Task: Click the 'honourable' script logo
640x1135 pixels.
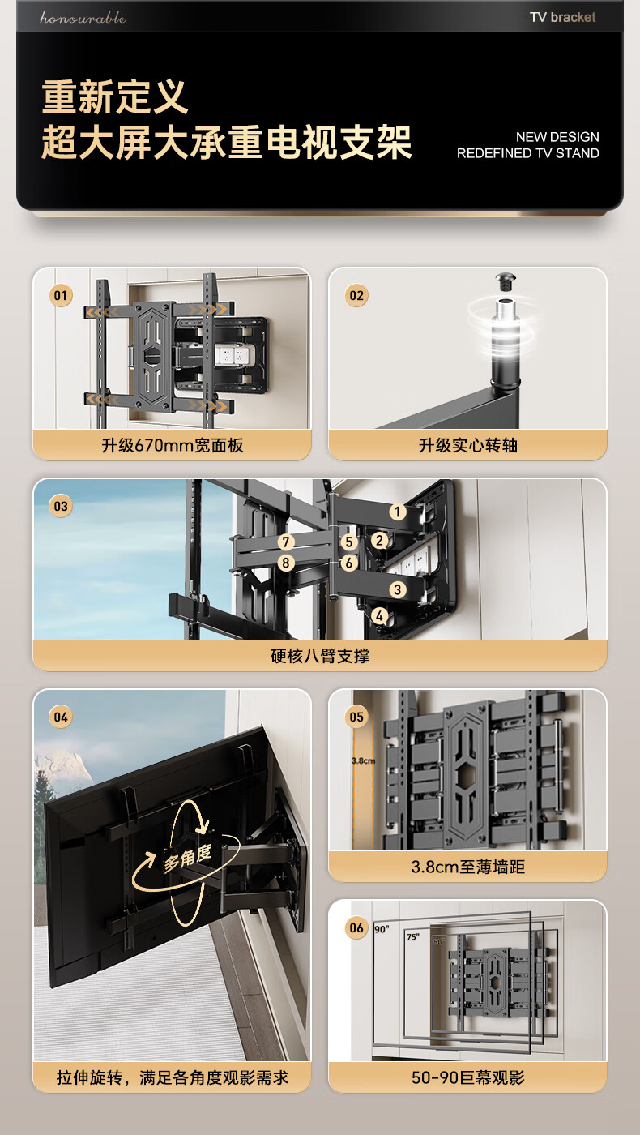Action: [x=83, y=18]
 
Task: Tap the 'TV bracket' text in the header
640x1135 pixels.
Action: [x=562, y=17]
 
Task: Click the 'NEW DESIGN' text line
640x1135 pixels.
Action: [x=557, y=137]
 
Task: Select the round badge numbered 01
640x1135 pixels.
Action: [x=60, y=295]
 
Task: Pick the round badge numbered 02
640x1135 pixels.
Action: [x=356, y=295]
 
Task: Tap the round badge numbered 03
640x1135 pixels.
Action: [x=60, y=506]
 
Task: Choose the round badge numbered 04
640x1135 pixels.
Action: [x=60, y=717]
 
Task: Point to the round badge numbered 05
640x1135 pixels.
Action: [x=356, y=717]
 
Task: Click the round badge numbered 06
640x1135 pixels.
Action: [x=356, y=927]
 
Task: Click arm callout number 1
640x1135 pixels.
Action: [x=398, y=512]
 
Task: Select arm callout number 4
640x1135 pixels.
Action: [x=379, y=616]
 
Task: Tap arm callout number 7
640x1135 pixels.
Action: [x=286, y=542]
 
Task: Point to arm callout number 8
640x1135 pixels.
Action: [x=286, y=563]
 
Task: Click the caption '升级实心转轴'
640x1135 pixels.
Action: [x=468, y=445]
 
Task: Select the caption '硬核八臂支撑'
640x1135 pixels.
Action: [x=320, y=656]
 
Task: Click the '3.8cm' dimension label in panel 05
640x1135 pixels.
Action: [x=363, y=760]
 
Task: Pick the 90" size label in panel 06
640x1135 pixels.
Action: [x=382, y=929]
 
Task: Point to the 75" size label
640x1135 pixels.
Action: [x=412, y=937]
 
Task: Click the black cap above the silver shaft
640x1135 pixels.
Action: [x=505, y=281]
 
